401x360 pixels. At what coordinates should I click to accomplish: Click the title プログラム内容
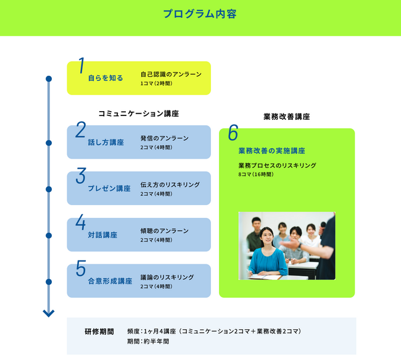pos(199,14)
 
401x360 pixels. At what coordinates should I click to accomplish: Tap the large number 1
pos(81,66)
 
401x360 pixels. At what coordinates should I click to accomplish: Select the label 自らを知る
pos(105,78)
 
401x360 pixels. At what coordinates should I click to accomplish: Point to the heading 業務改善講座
pos(286,116)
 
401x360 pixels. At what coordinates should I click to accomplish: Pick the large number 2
pos(81,130)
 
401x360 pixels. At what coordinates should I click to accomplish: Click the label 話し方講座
pos(105,143)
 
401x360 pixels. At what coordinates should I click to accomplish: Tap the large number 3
pos(81,176)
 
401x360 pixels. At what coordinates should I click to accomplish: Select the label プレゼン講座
pos(109,188)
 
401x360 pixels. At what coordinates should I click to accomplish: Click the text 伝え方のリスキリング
pos(170,185)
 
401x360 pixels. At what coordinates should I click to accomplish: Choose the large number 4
pos(81,222)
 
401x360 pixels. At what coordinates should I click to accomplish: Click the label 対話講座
pos(102,235)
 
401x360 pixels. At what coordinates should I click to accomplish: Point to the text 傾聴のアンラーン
pos(164,231)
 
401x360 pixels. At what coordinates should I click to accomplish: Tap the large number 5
pos(81,269)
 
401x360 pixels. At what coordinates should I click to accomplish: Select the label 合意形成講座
pos(110,282)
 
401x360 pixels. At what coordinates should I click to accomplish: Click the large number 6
pos(233,132)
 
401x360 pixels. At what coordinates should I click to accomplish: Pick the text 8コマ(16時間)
pos(255,175)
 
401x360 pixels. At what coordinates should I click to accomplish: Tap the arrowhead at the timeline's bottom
pos(49,314)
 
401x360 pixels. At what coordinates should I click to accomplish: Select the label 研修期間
pos(99,332)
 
